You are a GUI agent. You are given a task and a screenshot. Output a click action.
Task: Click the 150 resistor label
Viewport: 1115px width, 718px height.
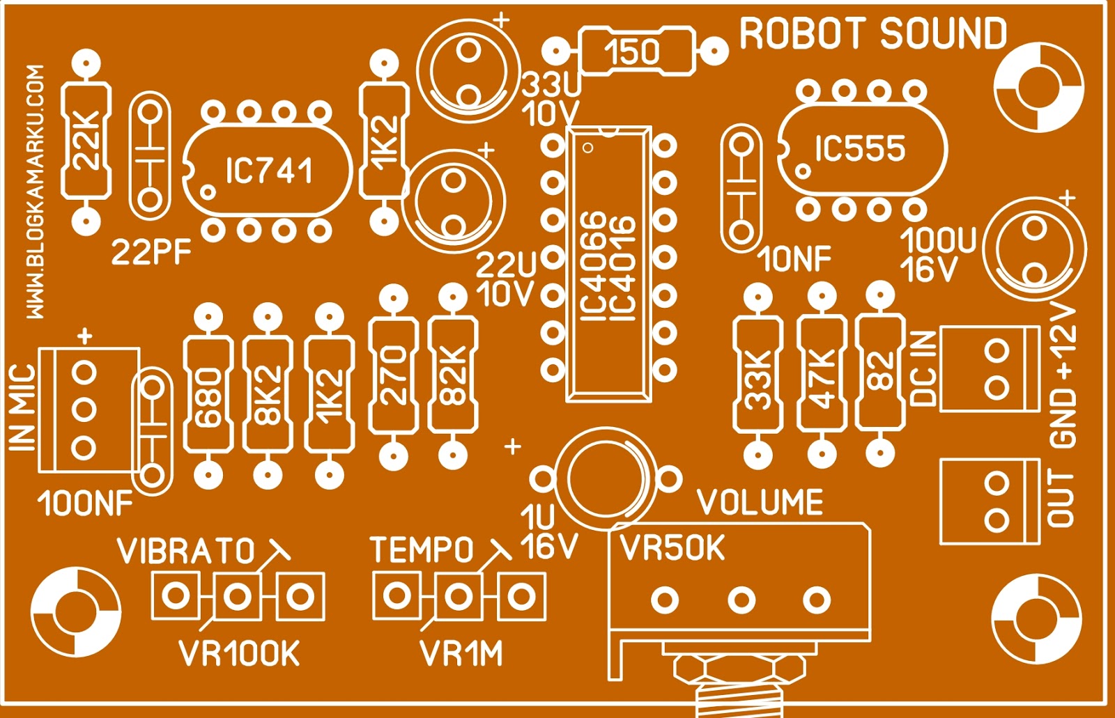pyautogui.click(x=632, y=52)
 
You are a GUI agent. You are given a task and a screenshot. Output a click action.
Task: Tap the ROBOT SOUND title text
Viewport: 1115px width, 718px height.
pyautogui.click(x=872, y=35)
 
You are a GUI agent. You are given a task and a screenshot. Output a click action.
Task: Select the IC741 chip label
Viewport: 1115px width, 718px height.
pyautogui.click(x=269, y=171)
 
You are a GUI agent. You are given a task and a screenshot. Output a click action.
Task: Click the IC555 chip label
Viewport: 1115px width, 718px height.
pyautogui.click(x=861, y=148)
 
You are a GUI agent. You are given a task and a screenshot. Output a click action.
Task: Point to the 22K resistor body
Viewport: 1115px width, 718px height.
pyautogui.click(x=86, y=141)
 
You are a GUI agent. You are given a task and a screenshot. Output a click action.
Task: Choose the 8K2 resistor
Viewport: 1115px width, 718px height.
pyautogui.click(x=268, y=396)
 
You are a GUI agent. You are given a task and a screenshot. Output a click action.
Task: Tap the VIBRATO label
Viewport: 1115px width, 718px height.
pyautogui.click(x=186, y=552)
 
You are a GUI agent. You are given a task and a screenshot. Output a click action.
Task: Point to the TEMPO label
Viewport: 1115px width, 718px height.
pyautogui.click(x=422, y=550)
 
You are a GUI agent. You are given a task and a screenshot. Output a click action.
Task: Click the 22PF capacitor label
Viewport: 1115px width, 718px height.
pyautogui.click(x=151, y=253)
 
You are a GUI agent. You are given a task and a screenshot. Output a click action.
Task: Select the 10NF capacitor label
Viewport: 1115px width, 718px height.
pyautogui.click(x=794, y=260)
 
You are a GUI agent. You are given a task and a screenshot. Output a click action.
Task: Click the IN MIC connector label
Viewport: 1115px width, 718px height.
pyautogui.click(x=22, y=407)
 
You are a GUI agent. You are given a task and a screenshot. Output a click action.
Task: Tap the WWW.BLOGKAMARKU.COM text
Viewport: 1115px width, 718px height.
pyautogui.click(x=36, y=192)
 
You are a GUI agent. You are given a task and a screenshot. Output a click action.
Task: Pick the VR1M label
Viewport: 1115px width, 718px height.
pyautogui.click(x=461, y=654)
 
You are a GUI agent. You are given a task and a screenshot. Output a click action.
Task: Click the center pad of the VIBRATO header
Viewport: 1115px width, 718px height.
pyautogui.click(x=238, y=596)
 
